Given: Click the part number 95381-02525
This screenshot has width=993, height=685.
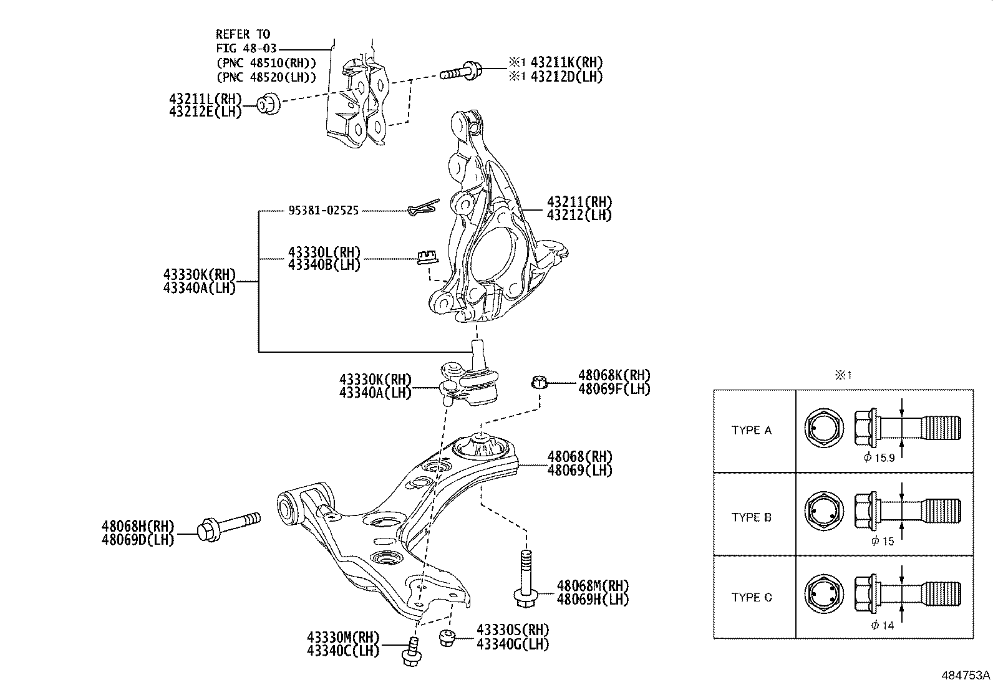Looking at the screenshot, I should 323,211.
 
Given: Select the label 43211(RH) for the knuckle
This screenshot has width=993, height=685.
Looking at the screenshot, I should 579,202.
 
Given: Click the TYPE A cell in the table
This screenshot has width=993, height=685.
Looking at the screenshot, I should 751,430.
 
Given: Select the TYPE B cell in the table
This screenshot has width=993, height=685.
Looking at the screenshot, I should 751,517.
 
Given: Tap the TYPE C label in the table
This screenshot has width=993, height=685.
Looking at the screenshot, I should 751,597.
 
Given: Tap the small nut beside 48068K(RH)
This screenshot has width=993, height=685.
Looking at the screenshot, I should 540,381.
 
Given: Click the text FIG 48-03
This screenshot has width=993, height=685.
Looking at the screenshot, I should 246,48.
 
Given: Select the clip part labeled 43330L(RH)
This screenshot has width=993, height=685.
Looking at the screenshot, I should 426,256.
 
